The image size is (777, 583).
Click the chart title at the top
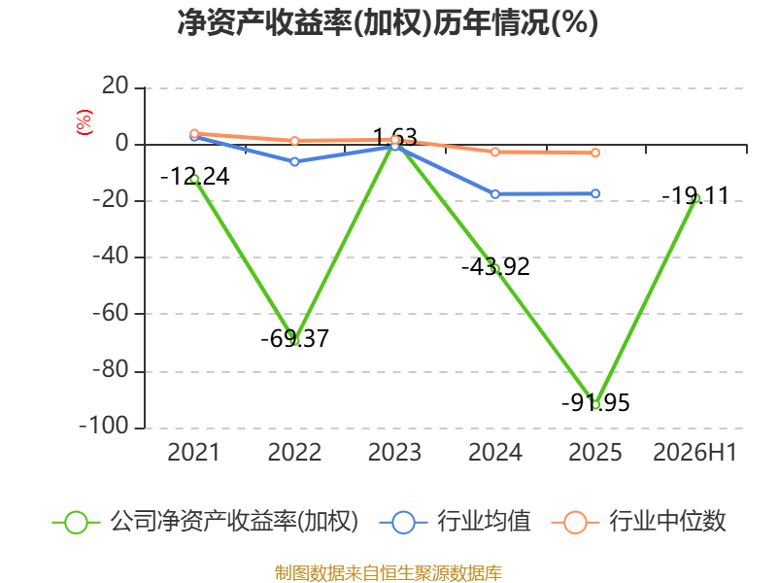click(388, 22)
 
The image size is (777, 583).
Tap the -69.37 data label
click(295, 338)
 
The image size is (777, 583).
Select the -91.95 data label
click(595, 402)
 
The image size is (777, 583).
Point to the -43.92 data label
click(495, 266)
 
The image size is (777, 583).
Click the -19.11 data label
click(695, 196)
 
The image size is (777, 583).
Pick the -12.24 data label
click(195, 177)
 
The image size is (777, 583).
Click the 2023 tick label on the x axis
click(395, 453)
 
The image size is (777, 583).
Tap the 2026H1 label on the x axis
click(695, 453)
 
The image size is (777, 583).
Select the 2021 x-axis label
click(193, 453)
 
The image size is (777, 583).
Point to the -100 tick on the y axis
click(104, 427)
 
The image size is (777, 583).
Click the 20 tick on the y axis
click(116, 86)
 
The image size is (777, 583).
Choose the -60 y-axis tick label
click(111, 313)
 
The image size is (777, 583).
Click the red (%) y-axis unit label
click(84, 122)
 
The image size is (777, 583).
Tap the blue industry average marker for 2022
click(295, 161)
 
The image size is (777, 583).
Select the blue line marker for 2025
click(595, 193)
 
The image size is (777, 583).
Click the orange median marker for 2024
click(495, 152)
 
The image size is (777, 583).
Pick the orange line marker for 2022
click(295, 141)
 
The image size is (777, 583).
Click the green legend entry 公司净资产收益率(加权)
click(205, 522)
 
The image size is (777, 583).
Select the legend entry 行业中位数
click(639, 522)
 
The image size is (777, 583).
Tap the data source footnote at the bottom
click(388, 573)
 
